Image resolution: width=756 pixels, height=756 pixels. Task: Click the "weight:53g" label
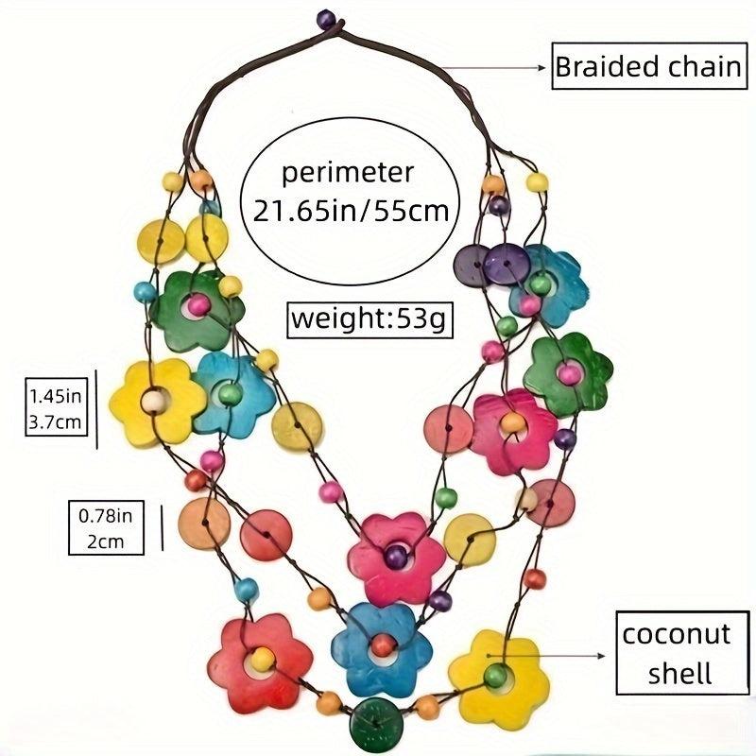(x=370, y=318)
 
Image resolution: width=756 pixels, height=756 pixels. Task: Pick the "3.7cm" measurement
(x=56, y=421)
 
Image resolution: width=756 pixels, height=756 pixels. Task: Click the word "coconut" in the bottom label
(x=675, y=632)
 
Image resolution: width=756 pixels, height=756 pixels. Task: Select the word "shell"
(x=675, y=672)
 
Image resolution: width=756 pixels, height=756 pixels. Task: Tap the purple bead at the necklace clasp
(x=326, y=17)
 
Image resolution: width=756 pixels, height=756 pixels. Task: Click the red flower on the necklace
(x=260, y=661)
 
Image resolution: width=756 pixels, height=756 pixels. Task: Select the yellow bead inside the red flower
(x=263, y=659)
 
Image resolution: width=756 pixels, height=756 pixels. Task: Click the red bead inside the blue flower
(x=382, y=645)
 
